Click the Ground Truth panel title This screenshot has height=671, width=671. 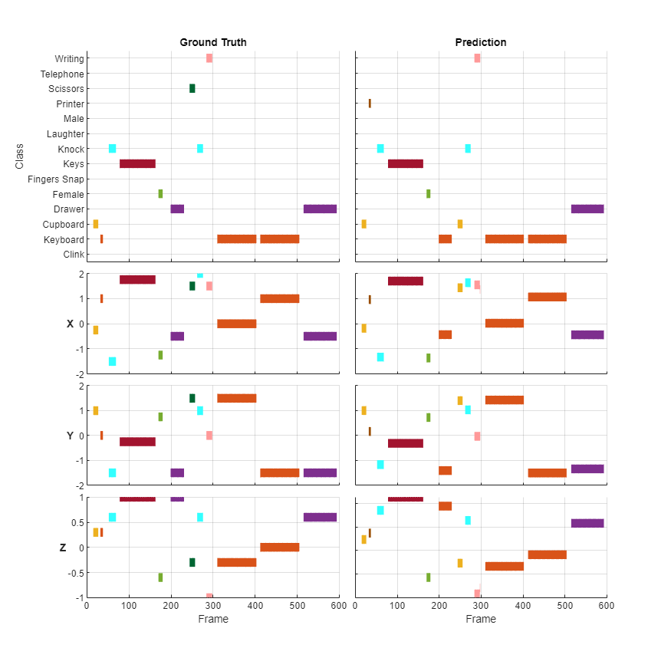click(213, 42)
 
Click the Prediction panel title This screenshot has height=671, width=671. click(481, 42)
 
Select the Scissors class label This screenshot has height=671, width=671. click(66, 89)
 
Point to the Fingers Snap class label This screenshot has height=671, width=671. click(56, 179)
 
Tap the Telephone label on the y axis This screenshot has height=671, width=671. click(62, 74)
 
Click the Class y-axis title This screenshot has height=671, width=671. click(19, 156)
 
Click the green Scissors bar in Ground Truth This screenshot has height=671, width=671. click(192, 88)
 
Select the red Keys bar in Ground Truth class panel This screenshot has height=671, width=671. click(137, 163)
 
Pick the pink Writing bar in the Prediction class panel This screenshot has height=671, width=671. click(477, 58)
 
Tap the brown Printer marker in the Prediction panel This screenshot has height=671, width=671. click(370, 104)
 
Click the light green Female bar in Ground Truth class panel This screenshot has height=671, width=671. click(160, 194)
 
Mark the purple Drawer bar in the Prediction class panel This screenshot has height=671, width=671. click(587, 209)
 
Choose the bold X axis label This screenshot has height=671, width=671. click(71, 324)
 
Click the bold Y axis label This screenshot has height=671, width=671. click(71, 436)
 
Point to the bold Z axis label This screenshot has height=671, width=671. click(63, 548)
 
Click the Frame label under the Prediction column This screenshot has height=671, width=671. click(481, 619)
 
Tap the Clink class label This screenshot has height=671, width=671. click(74, 255)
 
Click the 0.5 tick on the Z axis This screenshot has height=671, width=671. click(76, 523)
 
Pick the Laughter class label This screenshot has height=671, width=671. click(65, 134)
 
